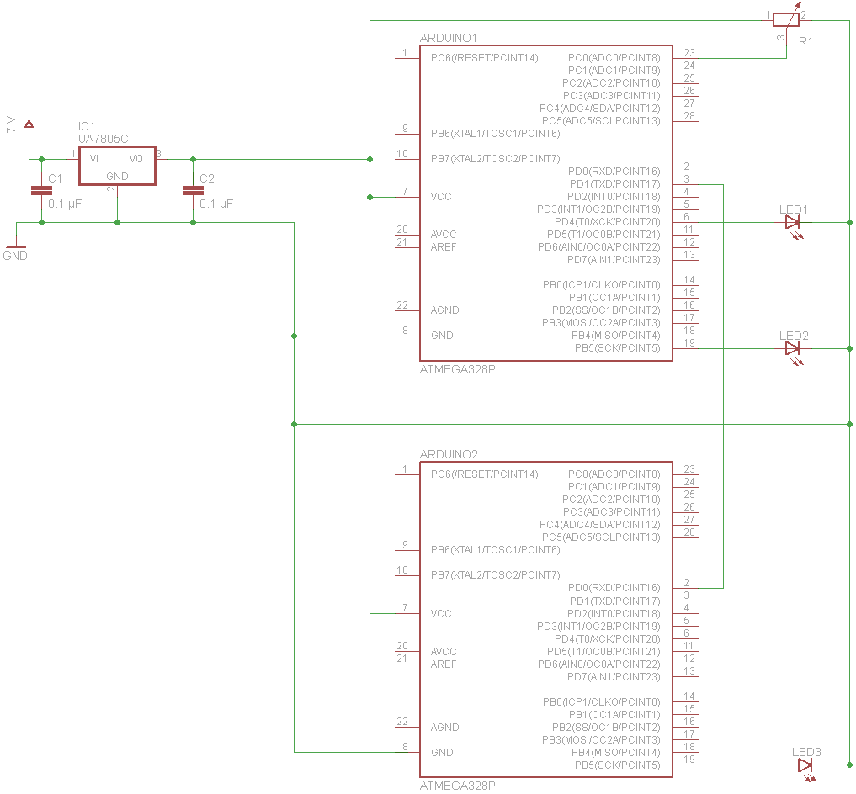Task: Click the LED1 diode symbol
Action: (x=792, y=222)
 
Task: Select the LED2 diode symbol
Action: (x=792, y=348)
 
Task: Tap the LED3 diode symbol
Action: (x=805, y=765)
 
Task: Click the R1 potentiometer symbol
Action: (x=786, y=16)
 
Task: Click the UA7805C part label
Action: (x=103, y=139)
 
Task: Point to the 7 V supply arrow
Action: (x=29, y=125)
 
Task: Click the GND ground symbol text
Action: (x=15, y=256)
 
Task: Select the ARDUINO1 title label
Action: (x=449, y=39)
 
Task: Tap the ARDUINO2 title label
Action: (x=449, y=454)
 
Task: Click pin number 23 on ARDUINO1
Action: (x=689, y=53)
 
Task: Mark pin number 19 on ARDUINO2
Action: (x=689, y=760)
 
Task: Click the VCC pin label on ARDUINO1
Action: (x=441, y=197)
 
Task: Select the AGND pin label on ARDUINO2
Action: (x=444, y=727)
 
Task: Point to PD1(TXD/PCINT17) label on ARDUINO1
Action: (x=614, y=184)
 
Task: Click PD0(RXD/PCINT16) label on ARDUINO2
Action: (x=614, y=588)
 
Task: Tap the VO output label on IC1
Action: (x=136, y=158)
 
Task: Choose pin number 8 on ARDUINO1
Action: (x=405, y=331)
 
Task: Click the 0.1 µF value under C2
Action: (x=216, y=204)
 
